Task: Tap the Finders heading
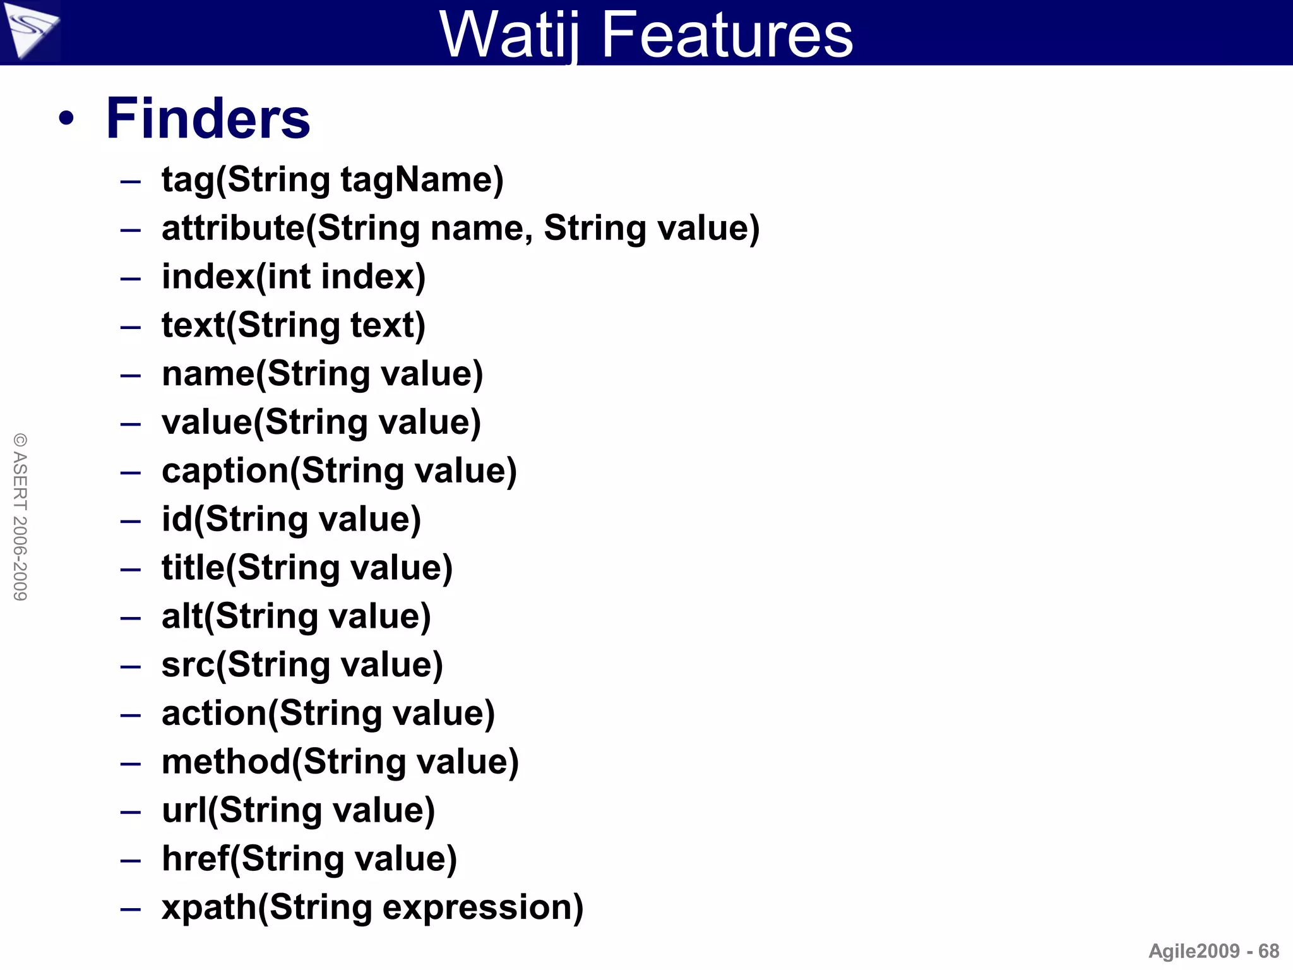[208, 119]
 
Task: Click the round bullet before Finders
[66, 119]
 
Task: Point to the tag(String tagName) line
[332, 180]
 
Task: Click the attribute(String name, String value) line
[460, 228]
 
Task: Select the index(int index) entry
[294, 277]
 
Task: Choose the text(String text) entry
[294, 325]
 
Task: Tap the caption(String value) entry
[339, 471]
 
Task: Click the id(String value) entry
[291, 520]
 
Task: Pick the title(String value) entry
[307, 568]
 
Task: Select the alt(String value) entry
[296, 616]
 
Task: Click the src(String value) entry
[302, 665]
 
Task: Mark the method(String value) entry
[340, 762]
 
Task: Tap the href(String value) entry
[309, 859]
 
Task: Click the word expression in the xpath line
[482, 907]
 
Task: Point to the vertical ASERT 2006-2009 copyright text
[20, 517]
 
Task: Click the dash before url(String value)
[130, 811]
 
